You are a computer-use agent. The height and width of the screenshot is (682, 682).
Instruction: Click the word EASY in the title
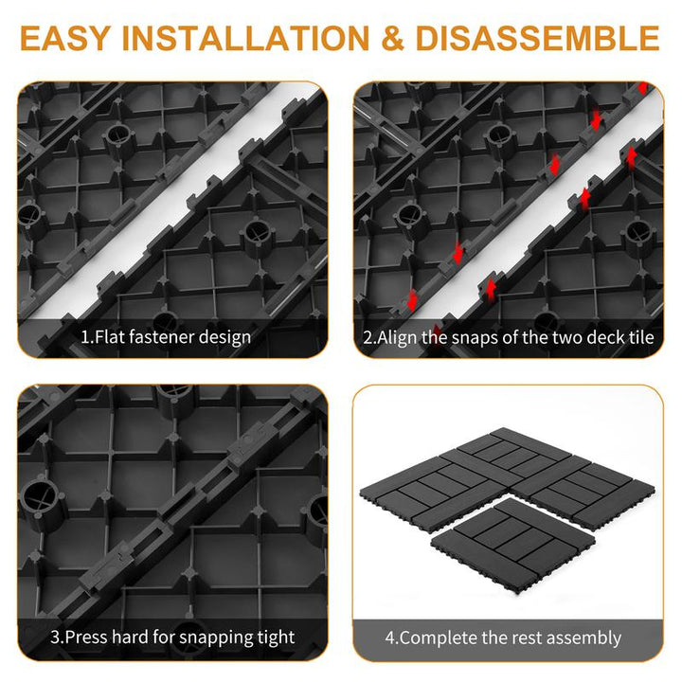(64, 38)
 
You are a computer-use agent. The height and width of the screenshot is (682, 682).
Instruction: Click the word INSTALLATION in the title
(245, 38)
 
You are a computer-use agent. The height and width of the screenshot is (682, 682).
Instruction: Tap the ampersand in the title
(392, 38)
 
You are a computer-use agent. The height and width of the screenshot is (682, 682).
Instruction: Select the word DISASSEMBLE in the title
(538, 38)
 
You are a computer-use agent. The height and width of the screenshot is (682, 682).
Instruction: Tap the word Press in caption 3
(86, 637)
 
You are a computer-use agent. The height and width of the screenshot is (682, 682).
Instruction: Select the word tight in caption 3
(277, 638)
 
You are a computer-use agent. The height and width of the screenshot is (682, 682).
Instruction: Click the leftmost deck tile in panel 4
(435, 491)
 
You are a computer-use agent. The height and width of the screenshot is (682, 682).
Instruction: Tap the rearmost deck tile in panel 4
(513, 454)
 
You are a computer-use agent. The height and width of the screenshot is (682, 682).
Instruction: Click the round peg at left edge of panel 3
(42, 501)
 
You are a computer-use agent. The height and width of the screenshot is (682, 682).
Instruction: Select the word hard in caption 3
(130, 637)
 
